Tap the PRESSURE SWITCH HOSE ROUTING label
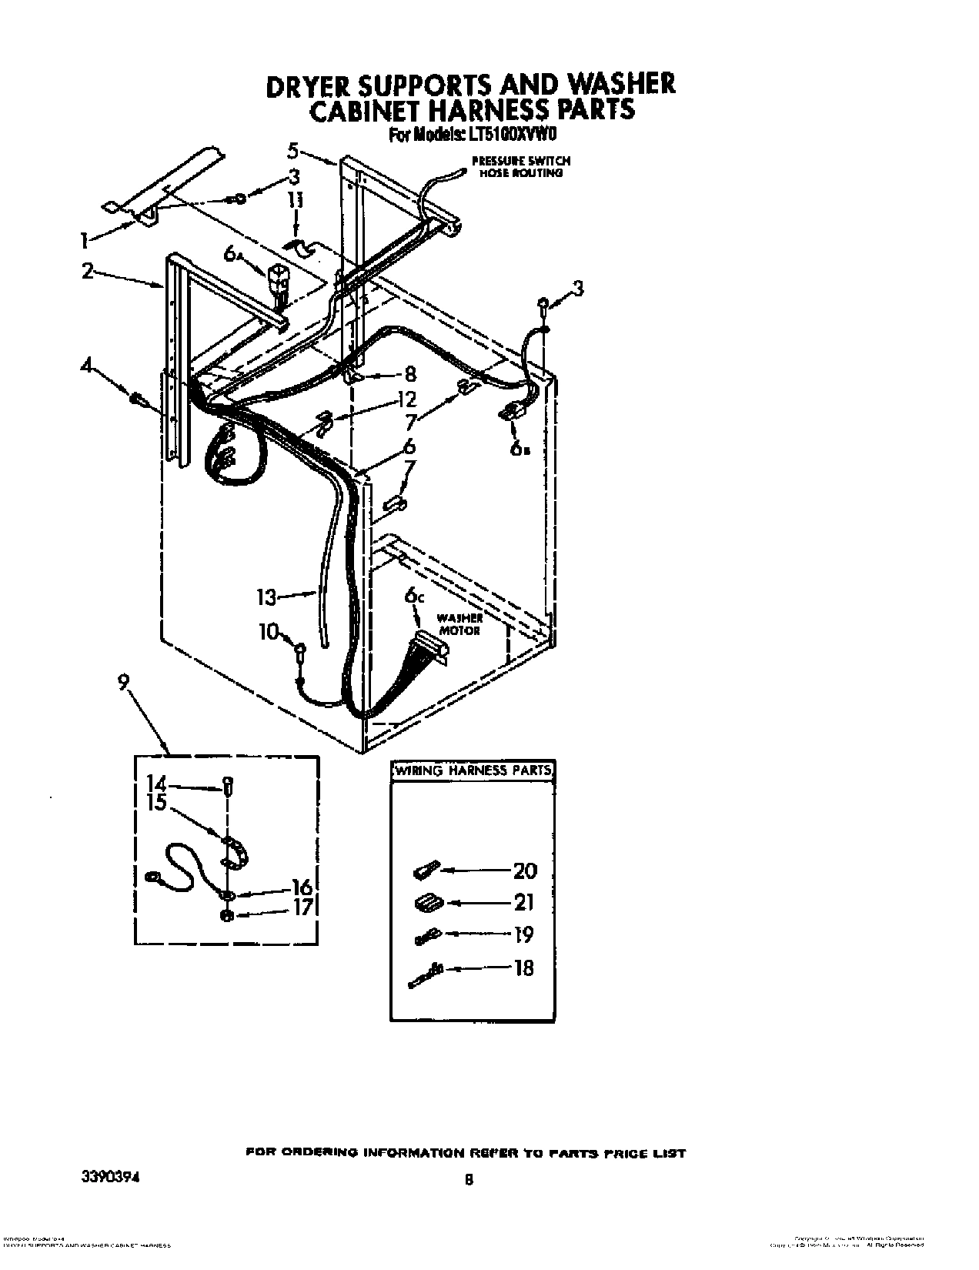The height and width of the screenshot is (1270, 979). pos(521,167)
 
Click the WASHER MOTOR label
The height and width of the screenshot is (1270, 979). pos(460,624)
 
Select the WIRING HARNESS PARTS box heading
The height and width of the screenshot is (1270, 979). pos(473,770)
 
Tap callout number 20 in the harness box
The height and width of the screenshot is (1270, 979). pos(524,871)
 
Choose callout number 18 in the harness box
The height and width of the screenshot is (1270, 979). pos(523,968)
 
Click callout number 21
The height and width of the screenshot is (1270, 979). pos(524,902)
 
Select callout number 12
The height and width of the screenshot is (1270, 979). pos(406,399)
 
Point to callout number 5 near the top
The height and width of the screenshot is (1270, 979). pos(292,149)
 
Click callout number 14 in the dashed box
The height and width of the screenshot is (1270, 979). pos(155,784)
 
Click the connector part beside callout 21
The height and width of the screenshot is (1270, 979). pos(426,903)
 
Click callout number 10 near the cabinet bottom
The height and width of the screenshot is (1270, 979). pos(267,632)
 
